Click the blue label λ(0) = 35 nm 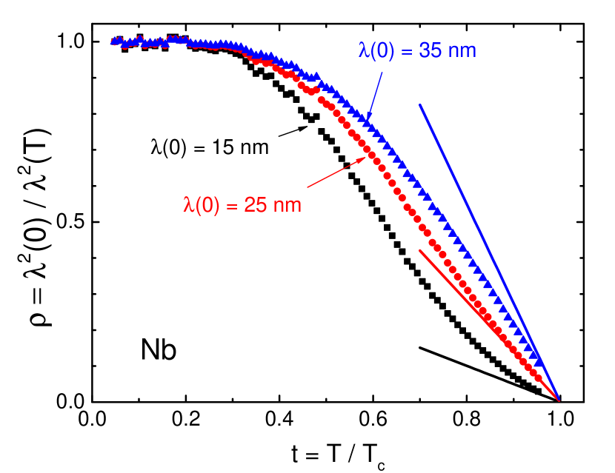(417, 51)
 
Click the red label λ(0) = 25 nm (242, 205)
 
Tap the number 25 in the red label (255, 205)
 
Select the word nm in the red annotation (287, 205)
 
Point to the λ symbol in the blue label (363, 51)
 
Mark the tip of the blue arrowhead (368, 119)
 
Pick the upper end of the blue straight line (420, 105)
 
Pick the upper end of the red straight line (420, 250)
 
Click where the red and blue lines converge (559, 400)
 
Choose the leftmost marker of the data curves (114, 41)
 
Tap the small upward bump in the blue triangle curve (317, 76)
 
